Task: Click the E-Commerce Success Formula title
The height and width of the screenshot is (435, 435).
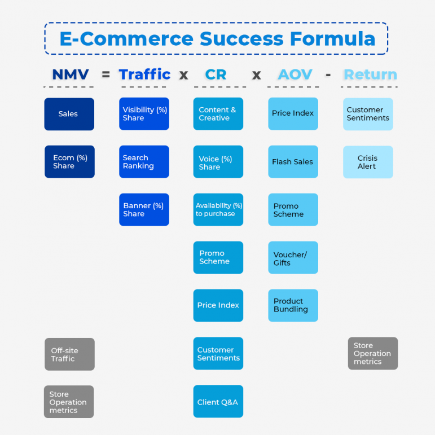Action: pyautogui.click(x=217, y=38)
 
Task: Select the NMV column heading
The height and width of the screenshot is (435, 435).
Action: pyautogui.click(x=70, y=74)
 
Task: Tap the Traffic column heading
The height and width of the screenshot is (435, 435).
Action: pyautogui.click(x=144, y=74)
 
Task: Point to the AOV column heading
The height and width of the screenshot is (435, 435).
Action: pyautogui.click(x=295, y=74)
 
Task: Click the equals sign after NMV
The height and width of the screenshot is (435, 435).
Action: pyautogui.click(x=106, y=74)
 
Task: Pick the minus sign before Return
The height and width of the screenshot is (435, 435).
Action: pyautogui.click(x=328, y=74)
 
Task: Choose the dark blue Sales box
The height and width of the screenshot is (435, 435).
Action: pyautogui.click(x=69, y=114)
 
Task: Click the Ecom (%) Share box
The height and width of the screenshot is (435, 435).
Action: pyautogui.click(x=69, y=162)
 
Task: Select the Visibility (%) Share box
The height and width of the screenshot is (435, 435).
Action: pyautogui.click(x=144, y=114)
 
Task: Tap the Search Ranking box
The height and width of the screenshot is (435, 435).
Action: pyautogui.click(x=144, y=162)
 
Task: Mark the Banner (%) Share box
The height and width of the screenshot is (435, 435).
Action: pyautogui.click(x=144, y=210)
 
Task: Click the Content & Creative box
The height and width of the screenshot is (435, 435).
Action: pyautogui.click(x=218, y=114)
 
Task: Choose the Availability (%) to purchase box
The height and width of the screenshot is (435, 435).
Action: pyautogui.click(x=218, y=210)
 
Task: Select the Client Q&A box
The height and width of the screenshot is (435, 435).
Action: pyautogui.click(x=218, y=402)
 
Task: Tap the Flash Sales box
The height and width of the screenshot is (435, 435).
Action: pyautogui.click(x=293, y=162)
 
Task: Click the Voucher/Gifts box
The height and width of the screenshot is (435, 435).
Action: pyautogui.click(x=293, y=258)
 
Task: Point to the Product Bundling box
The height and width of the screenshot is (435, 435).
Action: pyautogui.click(x=293, y=305)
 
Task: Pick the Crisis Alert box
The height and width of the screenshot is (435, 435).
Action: pyautogui.click(x=368, y=162)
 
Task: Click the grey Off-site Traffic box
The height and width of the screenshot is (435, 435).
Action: pyautogui.click(x=69, y=354)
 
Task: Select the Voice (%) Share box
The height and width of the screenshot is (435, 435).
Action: pyautogui.click(x=218, y=162)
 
